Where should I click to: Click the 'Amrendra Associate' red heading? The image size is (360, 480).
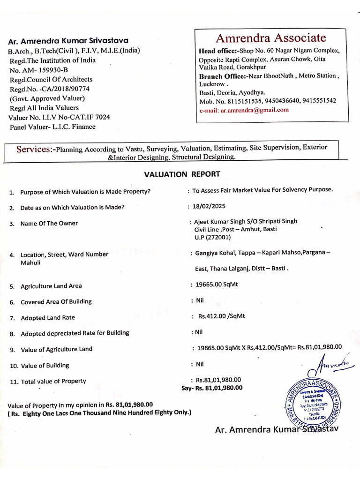(x=270, y=37)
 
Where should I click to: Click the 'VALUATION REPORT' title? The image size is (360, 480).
(x=182, y=174)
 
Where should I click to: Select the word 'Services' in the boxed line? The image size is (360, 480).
(x=34, y=150)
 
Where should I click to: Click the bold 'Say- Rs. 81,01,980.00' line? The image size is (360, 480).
(x=212, y=388)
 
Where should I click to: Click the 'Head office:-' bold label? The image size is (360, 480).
(x=218, y=51)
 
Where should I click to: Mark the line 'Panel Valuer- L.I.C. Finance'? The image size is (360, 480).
(x=52, y=127)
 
